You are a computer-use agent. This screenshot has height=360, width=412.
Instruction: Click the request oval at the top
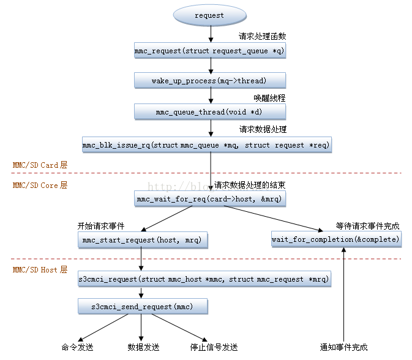(209, 15)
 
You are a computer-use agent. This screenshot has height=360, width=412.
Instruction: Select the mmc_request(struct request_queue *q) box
(210, 50)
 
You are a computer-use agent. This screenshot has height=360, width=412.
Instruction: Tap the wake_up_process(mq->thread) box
(210, 81)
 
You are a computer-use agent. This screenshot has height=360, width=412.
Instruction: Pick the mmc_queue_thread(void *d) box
(210, 111)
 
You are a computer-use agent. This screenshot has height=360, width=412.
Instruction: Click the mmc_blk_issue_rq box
(206, 145)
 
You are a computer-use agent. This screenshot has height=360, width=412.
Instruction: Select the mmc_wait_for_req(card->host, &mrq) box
(210, 198)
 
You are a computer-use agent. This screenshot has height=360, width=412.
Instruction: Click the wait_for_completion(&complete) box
(336, 239)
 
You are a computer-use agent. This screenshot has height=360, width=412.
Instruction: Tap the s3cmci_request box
(204, 279)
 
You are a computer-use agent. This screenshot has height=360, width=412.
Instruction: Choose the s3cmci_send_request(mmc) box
(143, 306)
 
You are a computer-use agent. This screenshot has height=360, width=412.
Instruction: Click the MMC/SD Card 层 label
(40, 165)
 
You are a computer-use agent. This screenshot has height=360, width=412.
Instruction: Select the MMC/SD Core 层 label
(40, 185)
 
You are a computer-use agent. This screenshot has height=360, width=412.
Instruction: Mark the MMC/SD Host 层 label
(40, 269)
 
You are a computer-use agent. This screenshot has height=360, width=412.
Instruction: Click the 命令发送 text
(78, 347)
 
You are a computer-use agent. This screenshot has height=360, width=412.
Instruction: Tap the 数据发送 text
(143, 347)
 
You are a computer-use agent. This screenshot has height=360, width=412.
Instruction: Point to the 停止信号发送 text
(214, 347)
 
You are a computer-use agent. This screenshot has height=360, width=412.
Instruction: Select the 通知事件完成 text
(343, 347)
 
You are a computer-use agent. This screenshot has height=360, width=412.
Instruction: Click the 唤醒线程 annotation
(269, 98)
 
